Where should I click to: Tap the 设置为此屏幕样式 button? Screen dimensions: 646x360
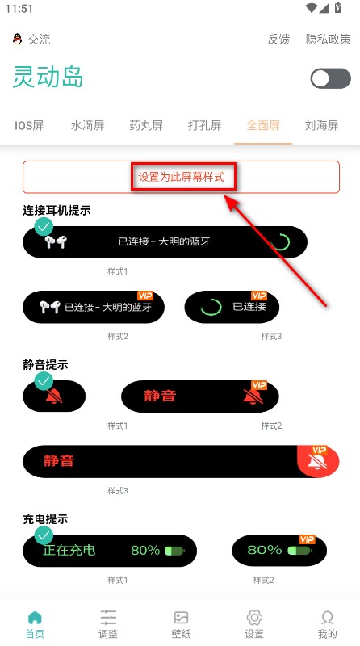(x=181, y=176)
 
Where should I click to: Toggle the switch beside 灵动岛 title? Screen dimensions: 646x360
(x=330, y=78)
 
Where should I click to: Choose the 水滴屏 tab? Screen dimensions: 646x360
(x=88, y=125)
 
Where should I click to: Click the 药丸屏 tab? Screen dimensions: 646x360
(x=146, y=125)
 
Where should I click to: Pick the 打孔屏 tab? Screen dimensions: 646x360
(x=205, y=125)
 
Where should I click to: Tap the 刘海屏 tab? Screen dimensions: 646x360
(x=321, y=125)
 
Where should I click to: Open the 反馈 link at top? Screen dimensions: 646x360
(x=278, y=39)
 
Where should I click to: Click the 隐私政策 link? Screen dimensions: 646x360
(x=329, y=39)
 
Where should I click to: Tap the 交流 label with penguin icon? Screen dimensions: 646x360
(x=32, y=39)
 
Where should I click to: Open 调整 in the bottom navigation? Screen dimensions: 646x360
(x=108, y=623)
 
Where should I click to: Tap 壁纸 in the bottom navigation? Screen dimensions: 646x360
(x=181, y=623)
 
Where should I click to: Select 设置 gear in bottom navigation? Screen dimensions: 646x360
(x=253, y=623)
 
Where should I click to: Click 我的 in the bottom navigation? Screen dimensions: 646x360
(x=327, y=623)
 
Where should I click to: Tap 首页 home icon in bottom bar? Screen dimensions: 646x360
(x=35, y=623)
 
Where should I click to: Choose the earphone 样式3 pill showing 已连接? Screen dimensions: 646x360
(x=232, y=307)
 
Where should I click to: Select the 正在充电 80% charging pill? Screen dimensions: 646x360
(x=109, y=550)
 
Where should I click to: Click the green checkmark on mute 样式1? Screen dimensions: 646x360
(x=44, y=381)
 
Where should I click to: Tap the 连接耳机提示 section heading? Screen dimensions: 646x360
(x=57, y=211)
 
